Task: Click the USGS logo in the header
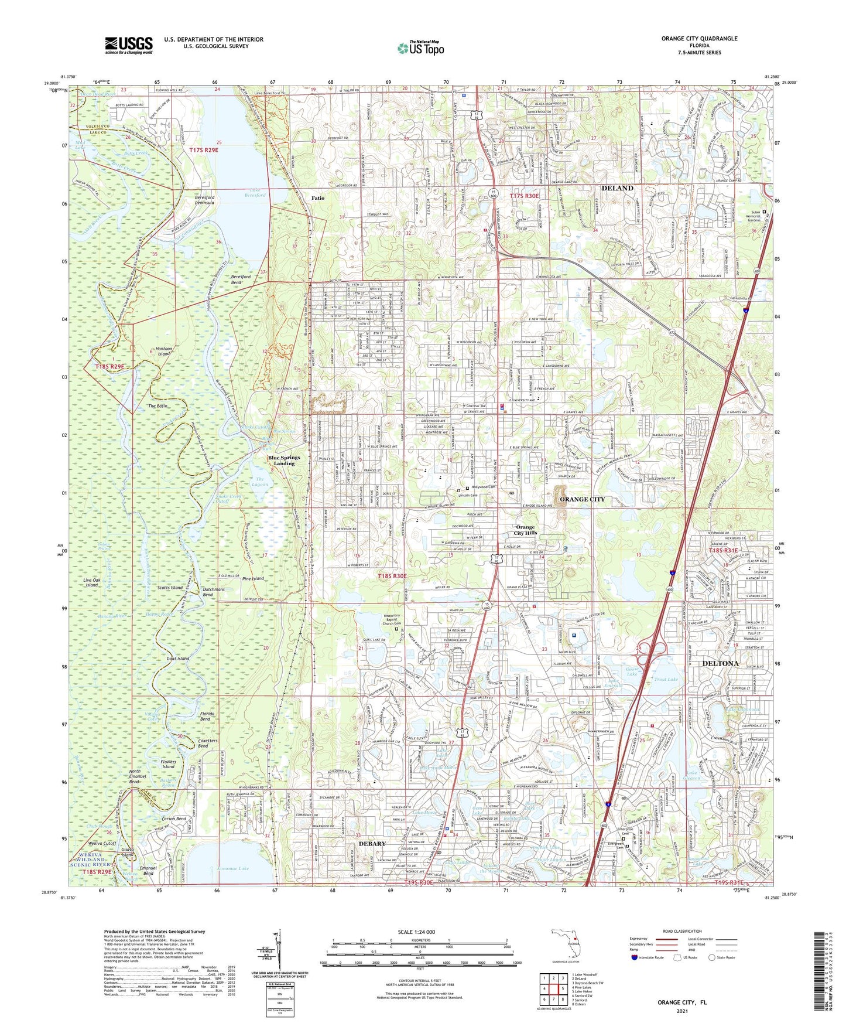(x=129, y=45)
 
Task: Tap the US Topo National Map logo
(x=420, y=48)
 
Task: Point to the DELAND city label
(x=617, y=188)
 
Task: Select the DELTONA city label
(x=720, y=663)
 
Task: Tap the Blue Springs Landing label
(x=284, y=461)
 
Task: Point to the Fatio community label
(x=317, y=198)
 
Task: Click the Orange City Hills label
(x=525, y=530)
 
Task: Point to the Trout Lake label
(x=665, y=679)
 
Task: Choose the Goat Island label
(x=177, y=659)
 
